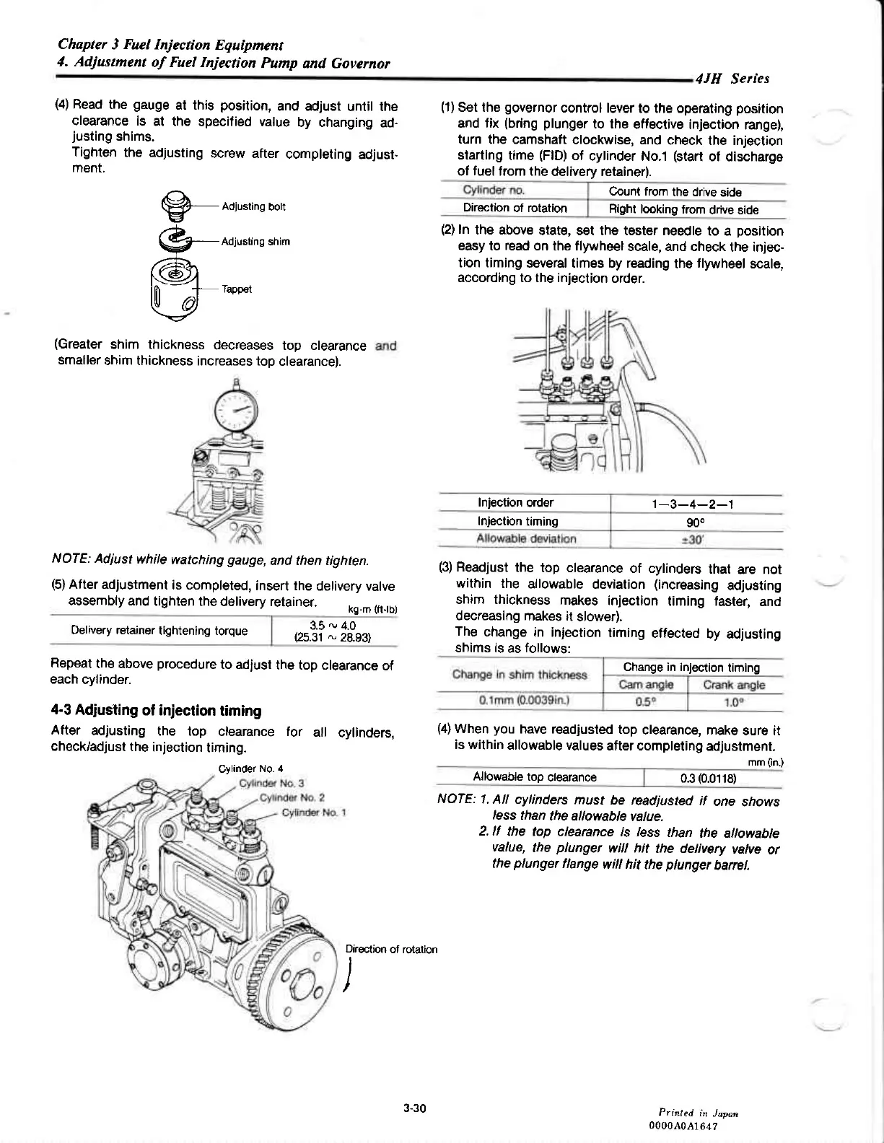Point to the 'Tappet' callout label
(237, 289)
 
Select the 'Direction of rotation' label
(392, 949)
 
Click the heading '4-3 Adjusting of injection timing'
(157, 711)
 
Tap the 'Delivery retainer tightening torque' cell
(159, 631)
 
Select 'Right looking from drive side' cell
(684, 209)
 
